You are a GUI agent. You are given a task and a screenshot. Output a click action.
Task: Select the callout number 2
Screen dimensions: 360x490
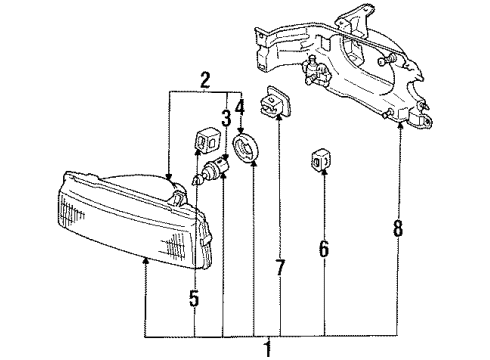pos(204,81)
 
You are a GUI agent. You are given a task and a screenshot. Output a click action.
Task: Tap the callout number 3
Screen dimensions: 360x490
pos(227,118)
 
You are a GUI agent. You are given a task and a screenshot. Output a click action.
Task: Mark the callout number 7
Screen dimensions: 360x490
pos(279,268)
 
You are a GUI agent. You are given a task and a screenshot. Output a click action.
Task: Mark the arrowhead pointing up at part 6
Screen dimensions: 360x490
pos(323,174)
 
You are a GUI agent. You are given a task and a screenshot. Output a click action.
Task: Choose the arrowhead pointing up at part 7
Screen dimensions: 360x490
pos(279,126)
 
